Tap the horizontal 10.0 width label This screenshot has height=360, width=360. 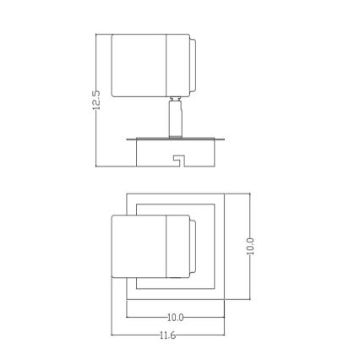click(x=176, y=318)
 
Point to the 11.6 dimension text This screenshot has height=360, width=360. click(x=169, y=335)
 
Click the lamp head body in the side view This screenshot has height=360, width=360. click(x=139, y=65)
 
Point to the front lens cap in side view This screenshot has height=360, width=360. click(x=194, y=65)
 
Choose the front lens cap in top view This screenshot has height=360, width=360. click(x=194, y=246)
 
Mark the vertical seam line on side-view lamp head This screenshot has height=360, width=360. click(x=166, y=65)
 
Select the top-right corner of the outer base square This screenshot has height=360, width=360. click(x=224, y=194)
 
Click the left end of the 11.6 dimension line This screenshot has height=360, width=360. click(x=112, y=335)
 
